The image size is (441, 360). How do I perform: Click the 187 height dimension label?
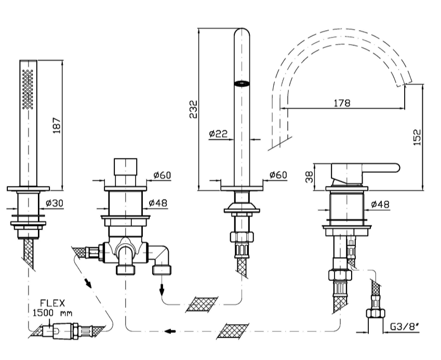(57, 125)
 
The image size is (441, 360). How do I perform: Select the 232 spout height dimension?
(193, 109)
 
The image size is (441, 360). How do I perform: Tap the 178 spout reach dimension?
(342, 103)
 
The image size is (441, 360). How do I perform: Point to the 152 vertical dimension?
(418, 137)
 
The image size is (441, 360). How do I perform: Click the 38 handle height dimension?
(309, 177)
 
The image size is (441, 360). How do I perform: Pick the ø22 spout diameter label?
(218, 133)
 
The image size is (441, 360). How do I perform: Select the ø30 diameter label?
(55, 203)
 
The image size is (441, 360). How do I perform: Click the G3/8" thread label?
(405, 327)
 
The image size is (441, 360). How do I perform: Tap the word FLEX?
(52, 303)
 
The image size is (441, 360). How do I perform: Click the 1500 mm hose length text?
(52, 313)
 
